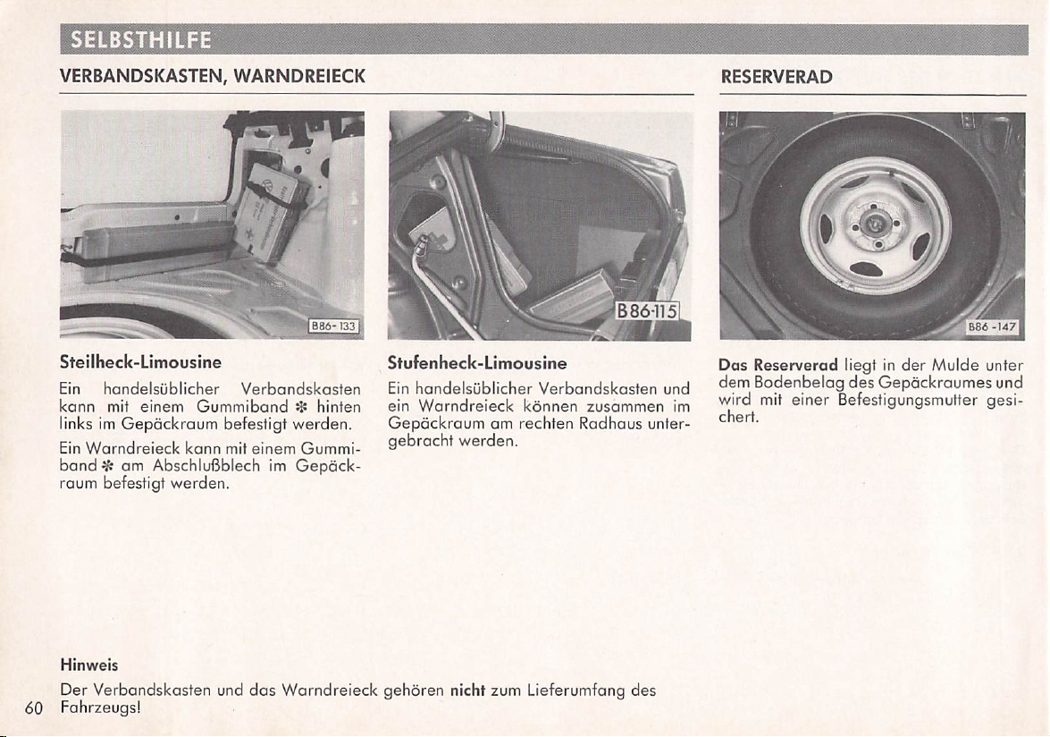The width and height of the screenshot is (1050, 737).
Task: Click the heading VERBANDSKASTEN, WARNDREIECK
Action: (x=214, y=78)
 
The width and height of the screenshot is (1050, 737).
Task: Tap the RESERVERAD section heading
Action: (x=777, y=78)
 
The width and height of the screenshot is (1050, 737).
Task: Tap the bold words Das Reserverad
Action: (x=778, y=365)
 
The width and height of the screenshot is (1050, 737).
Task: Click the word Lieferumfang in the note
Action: (x=575, y=690)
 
